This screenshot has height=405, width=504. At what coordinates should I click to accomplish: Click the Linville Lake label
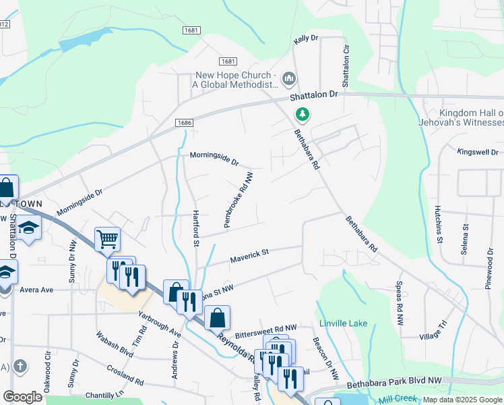pos(343,323)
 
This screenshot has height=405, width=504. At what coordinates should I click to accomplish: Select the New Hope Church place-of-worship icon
pos(290,80)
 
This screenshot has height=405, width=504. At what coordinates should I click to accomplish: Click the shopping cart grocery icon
pos(107,238)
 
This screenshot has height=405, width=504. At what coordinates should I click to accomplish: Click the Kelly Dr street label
pos(305,40)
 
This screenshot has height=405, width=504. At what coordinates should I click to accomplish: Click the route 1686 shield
pos(183,123)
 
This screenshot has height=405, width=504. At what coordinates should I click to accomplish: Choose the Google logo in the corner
pos(22,397)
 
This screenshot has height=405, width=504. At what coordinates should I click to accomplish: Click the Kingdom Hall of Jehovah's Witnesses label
pos(471,117)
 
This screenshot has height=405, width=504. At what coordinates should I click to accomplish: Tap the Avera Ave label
pos(36,290)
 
